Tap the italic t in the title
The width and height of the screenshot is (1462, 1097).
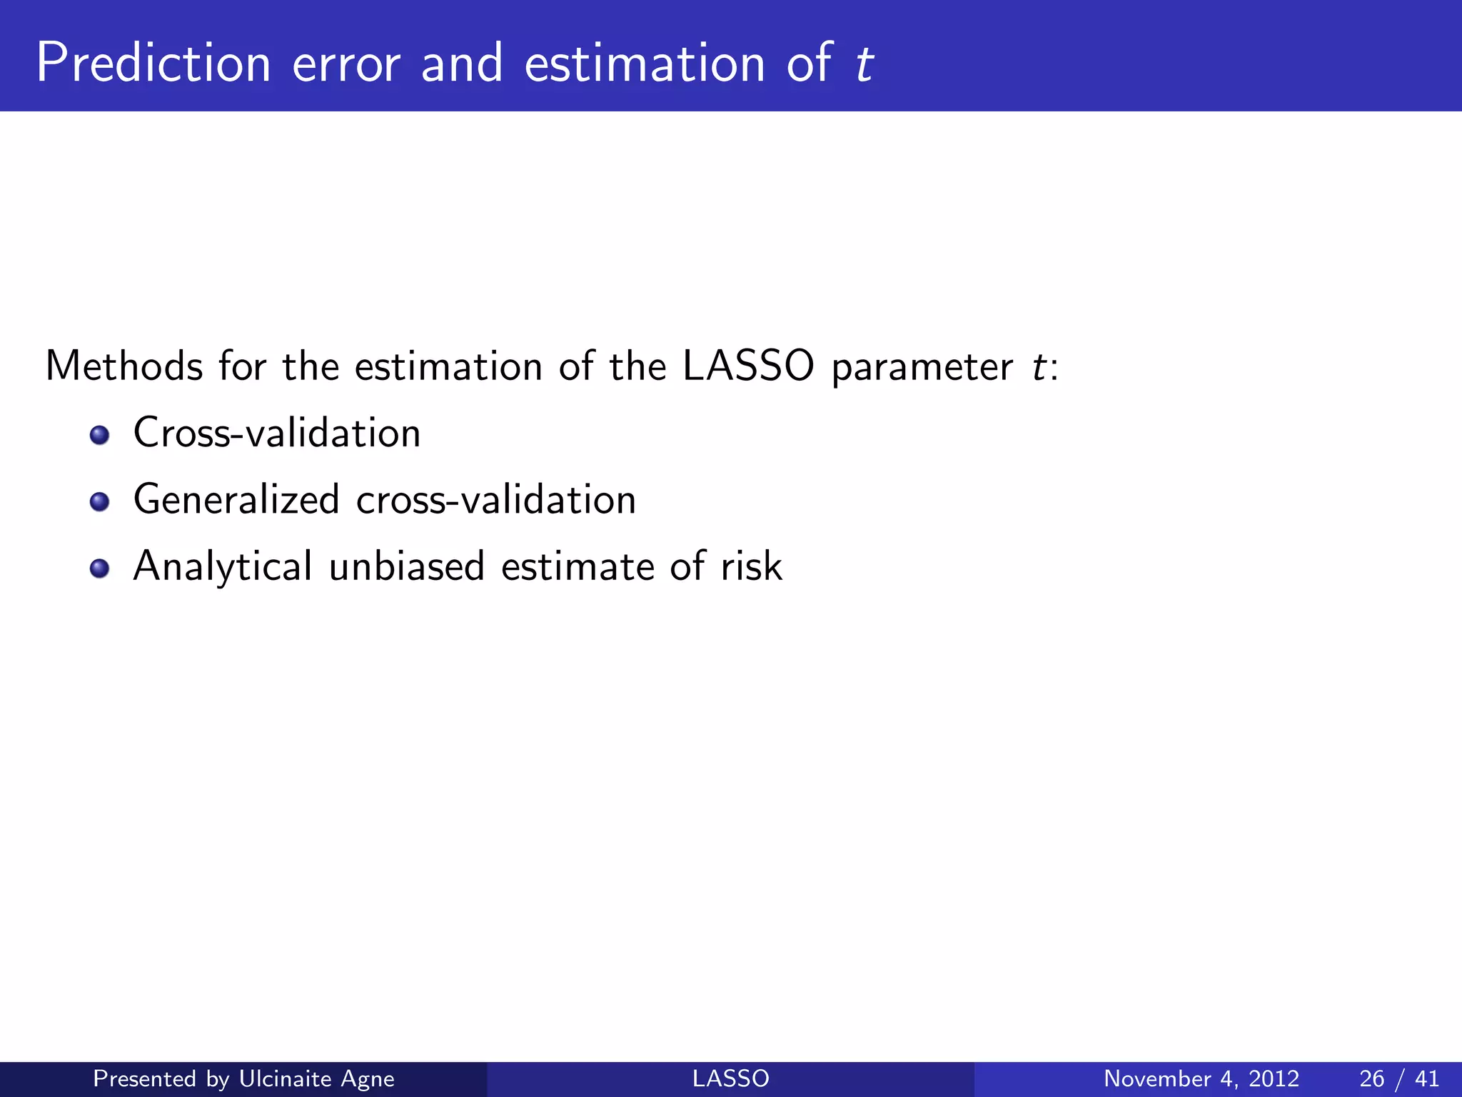pyautogui.click(x=864, y=64)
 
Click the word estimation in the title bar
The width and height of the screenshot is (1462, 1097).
pyautogui.click(x=645, y=64)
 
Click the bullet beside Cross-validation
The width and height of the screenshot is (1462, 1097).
pyautogui.click(x=100, y=435)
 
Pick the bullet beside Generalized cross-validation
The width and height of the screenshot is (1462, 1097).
pyautogui.click(x=100, y=501)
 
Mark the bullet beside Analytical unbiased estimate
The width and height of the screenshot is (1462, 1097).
pyautogui.click(x=100, y=568)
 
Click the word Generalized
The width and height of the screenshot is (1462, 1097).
pyautogui.click(x=236, y=499)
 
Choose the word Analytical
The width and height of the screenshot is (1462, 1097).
pyautogui.click(x=223, y=566)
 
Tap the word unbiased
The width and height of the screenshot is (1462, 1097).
pyautogui.click(x=406, y=566)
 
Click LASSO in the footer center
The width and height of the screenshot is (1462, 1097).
pyautogui.click(x=730, y=1078)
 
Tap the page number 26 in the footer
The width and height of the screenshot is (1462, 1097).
pyautogui.click(x=1371, y=1078)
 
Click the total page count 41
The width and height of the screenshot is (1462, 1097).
pyautogui.click(x=1426, y=1078)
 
